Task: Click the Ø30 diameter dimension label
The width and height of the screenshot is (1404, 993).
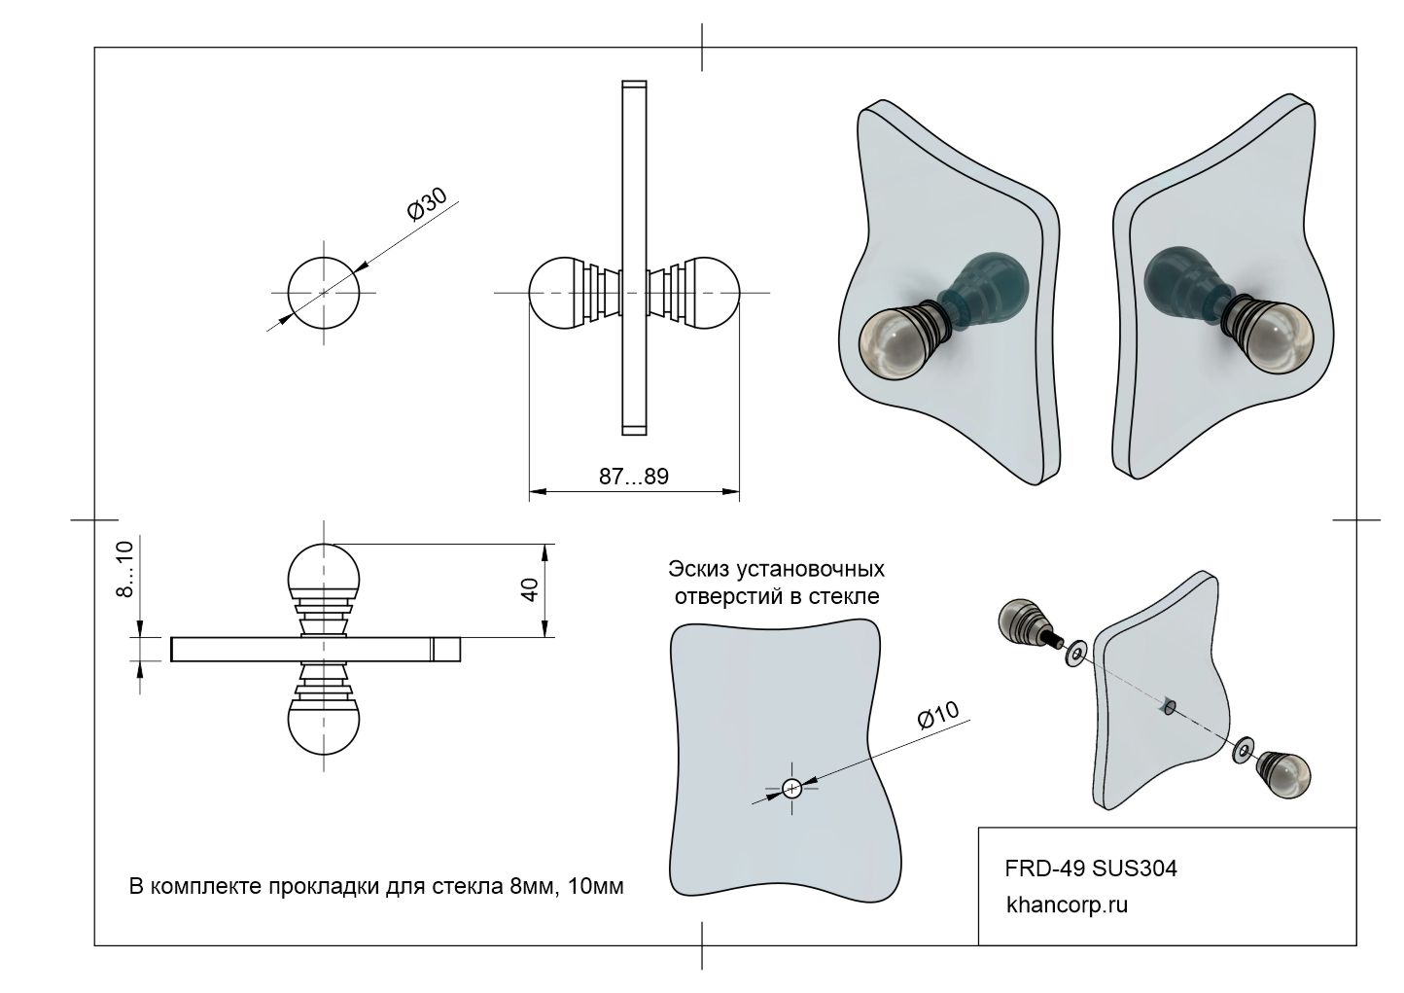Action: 427,205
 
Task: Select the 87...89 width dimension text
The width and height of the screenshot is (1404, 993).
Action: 633,477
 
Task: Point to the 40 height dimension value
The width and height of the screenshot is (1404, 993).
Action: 530,590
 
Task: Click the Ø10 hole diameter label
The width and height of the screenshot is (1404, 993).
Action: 937,717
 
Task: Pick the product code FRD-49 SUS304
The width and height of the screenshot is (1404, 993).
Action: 1090,868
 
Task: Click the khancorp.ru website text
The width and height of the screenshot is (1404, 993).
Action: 1067,904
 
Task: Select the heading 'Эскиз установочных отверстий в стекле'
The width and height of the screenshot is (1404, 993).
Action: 777,582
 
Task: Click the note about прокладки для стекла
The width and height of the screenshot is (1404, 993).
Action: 376,887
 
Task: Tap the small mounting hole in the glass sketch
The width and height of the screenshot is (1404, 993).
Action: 791,788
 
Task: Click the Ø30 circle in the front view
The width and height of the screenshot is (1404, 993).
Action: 324,293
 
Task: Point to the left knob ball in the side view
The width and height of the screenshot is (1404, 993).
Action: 554,292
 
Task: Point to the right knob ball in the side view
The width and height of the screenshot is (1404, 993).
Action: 714,292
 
